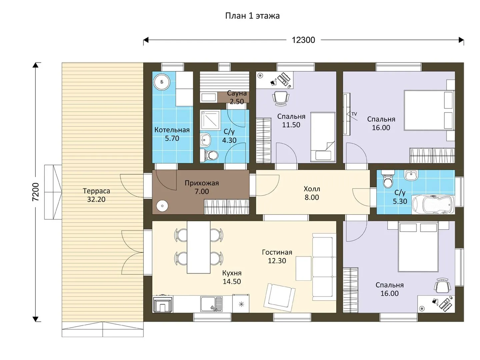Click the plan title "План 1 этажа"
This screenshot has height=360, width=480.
point(252,16)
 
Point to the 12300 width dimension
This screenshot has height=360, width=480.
point(303,40)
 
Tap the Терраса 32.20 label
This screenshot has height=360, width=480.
point(96,195)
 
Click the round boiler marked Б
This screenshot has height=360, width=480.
point(162,82)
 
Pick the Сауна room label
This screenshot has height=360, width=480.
point(237,93)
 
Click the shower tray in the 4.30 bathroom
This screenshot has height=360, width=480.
point(210,120)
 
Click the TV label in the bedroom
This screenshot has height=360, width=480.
point(354,114)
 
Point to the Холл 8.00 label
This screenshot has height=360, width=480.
point(312,193)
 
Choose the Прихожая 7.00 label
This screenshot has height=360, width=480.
point(202,187)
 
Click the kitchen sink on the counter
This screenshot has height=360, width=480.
point(211,304)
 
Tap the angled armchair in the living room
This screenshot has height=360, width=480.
point(279,297)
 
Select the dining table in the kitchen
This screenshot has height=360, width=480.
point(199,247)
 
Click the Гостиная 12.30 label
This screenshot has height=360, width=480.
point(277,256)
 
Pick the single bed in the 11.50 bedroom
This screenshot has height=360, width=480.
point(323,137)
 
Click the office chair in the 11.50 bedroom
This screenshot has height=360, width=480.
point(281,99)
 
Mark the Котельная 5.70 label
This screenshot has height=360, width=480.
point(172,134)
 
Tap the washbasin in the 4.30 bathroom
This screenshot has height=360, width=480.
point(206,139)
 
